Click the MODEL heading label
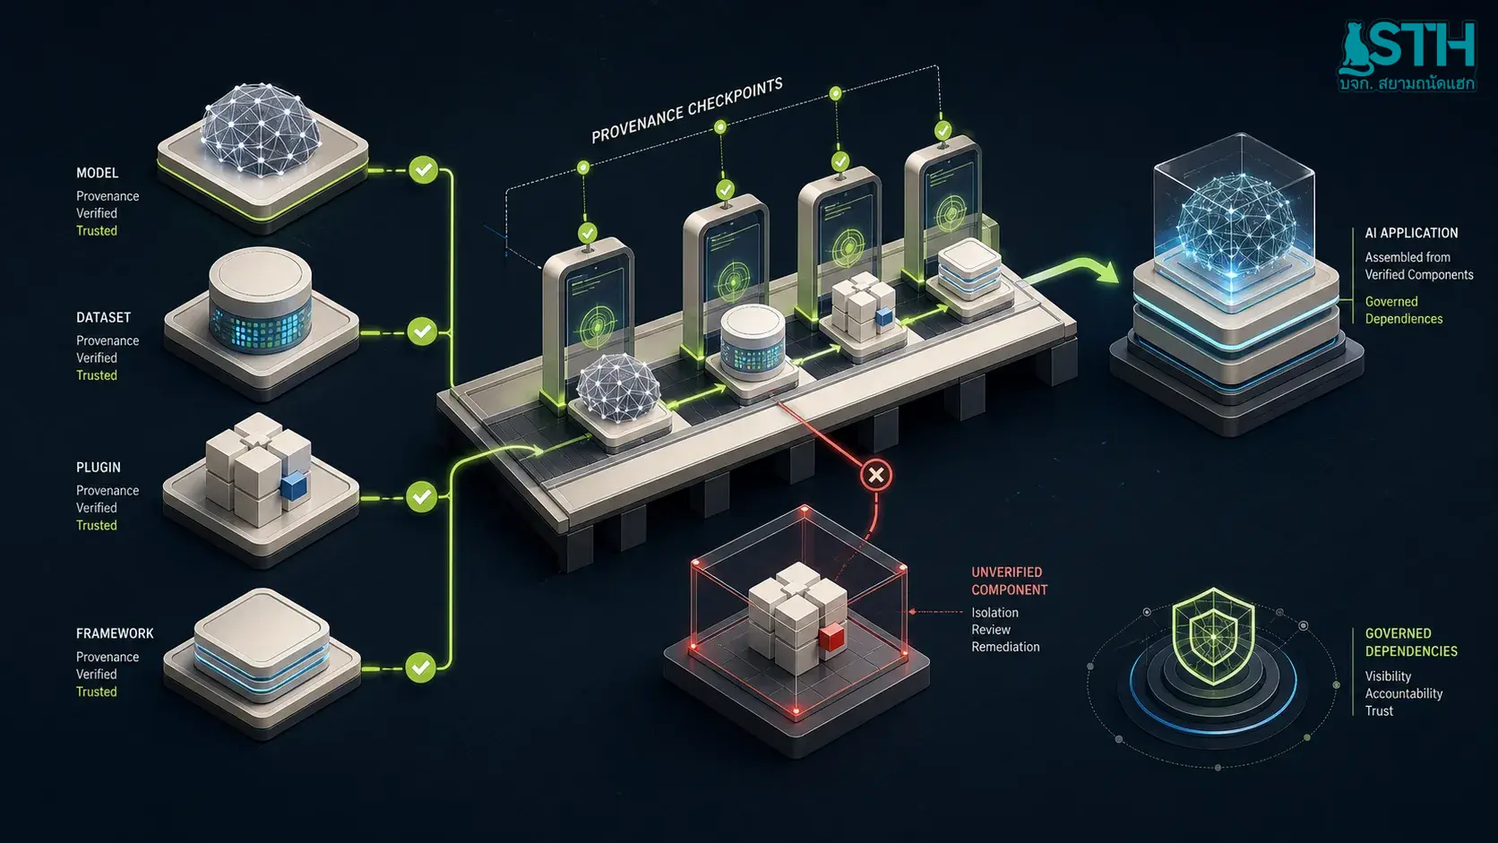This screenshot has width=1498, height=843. pos(97,173)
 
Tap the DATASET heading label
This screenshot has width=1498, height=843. pos(103,317)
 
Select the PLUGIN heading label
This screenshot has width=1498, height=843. pos(99,468)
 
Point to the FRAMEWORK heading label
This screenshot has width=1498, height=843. pos(115,633)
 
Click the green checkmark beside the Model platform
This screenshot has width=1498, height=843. pos(423,170)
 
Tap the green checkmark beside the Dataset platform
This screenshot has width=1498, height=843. pos(422,331)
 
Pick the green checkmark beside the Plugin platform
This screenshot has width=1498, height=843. pos(421,496)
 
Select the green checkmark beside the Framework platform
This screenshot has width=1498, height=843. pos(421,667)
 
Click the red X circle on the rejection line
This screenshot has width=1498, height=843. pos(876,476)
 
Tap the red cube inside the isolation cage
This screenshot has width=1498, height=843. pos(831,636)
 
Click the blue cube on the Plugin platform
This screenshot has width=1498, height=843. pos(294,486)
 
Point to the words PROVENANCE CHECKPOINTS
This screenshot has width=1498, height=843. pos(687,109)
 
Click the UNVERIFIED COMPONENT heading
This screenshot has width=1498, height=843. pos(1009,581)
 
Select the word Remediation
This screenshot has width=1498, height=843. pos(1005,647)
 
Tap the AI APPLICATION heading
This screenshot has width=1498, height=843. pos(1411,233)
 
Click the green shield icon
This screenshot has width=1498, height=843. pos(1213,636)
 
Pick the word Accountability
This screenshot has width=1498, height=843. pos(1403,693)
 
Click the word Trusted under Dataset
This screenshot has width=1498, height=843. pos(96,375)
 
